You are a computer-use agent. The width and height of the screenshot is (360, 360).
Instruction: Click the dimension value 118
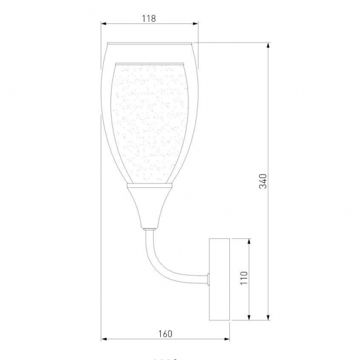coord(149,18)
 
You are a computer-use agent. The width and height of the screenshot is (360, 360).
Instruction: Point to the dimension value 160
coord(166,334)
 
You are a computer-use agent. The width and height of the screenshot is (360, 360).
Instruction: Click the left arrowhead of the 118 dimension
coord(103,25)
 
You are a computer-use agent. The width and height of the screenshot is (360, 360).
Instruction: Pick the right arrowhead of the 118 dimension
coord(196,25)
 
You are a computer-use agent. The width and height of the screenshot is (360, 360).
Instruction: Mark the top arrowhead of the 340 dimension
coord(269,44)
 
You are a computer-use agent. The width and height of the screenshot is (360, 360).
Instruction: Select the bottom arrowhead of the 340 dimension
coord(269,317)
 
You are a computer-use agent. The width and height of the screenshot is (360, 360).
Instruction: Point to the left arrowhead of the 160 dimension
coord(103,341)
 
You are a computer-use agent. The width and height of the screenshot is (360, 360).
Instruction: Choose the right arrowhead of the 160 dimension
coord(228,341)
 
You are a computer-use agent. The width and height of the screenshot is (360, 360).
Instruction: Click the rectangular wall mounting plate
coord(219,278)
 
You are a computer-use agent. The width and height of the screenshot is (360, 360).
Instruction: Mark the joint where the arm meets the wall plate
coord(207,277)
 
